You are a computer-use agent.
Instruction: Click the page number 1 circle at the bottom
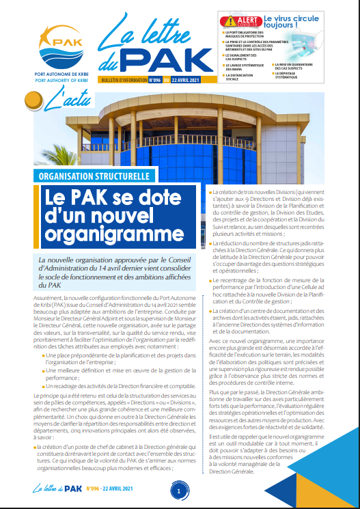(179, 491)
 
